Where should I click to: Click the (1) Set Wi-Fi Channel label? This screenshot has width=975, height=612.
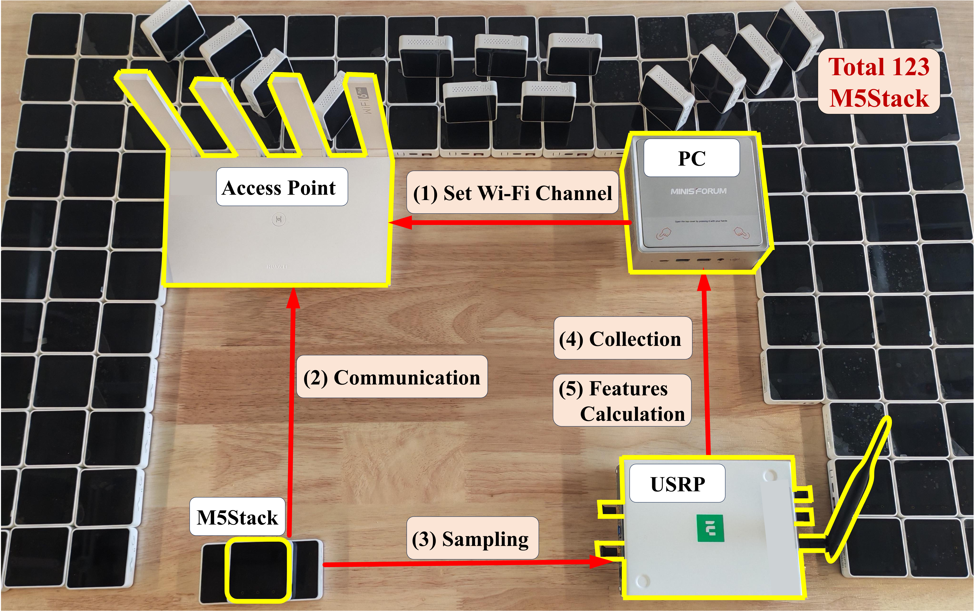coord(512,193)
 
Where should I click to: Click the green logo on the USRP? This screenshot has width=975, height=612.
coord(710,528)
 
